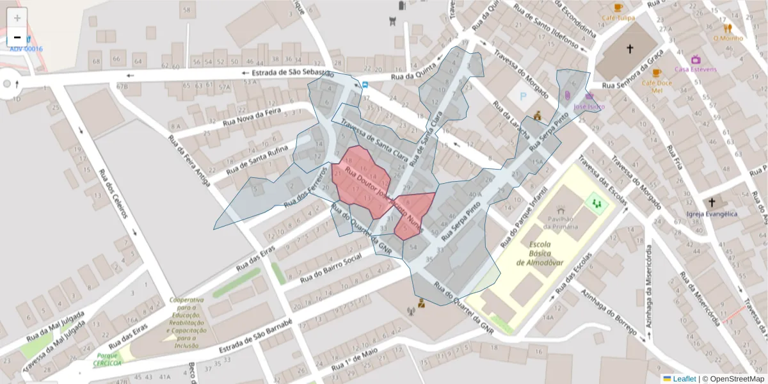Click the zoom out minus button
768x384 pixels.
[x=17, y=37]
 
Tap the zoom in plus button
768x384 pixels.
[x=17, y=18]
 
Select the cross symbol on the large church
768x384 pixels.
[x=629, y=49]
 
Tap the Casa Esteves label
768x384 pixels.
[x=696, y=69]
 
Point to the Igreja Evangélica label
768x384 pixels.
[x=711, y=214]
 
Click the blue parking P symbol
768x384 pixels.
[x=524, y=98]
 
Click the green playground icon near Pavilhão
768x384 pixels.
[x=596, y=204]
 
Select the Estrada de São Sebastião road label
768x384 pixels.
[x=288, y=72]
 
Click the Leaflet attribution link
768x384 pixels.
[x=684, y=379]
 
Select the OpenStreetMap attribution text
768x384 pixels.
[x=733, y=379]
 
